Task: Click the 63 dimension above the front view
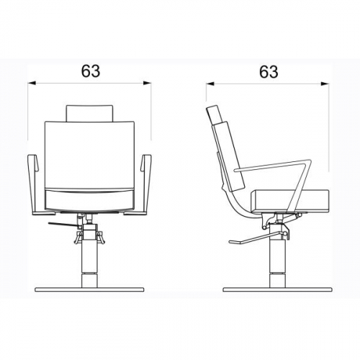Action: click(x=91, y=71)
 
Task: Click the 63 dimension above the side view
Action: click(x=269, y=72)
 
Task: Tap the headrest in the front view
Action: click(x=89, y=113)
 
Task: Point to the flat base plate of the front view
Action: click(x=89, y=289)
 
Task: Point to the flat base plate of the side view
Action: click(x=277, y=289)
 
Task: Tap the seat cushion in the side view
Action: click(x=290, y=201)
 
